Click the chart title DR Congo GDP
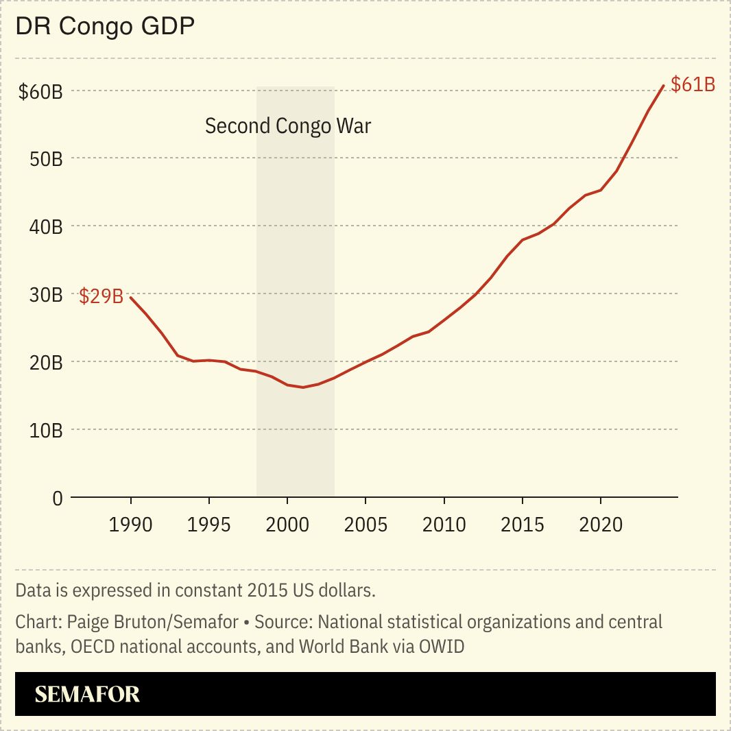(x=105, y=27)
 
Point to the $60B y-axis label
(x=40, y=91)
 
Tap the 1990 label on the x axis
(x=130, y=525)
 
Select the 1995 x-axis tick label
(x=208, y=525)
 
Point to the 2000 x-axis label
(x=287, y=525)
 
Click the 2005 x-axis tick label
(x=365, y=525)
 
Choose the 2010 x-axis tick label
(x=444, y=525)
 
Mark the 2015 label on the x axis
(x=523, y=525)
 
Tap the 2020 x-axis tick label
(x=601, y=525)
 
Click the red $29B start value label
(x=101, y=297)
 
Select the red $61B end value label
(x=693, y=84)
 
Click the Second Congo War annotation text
(x=288, y=126)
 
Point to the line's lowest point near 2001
(x=302, y=387)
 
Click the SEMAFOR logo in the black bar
(x=87, y=694)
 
